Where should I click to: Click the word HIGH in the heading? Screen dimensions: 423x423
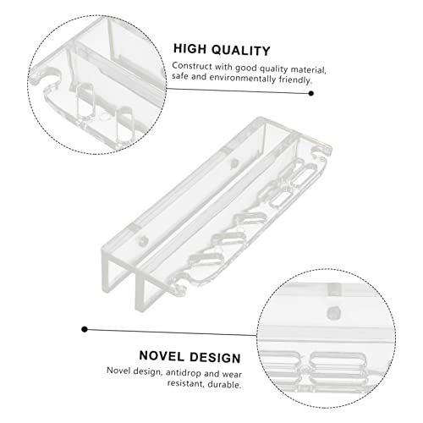click(x=190, y=49)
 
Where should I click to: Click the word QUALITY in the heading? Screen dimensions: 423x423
click(x=241, y=51)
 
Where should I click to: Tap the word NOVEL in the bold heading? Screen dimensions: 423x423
click(x=162, y=356)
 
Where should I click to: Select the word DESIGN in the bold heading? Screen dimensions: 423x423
click(x=215, y=358)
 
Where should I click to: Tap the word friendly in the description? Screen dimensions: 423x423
click(x=295, y=80)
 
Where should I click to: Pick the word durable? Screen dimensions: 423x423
click(x=224, y=384)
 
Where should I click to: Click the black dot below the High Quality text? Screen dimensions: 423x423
click(x=311, y=93)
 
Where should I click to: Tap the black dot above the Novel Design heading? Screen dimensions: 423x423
click(x=85, y=329)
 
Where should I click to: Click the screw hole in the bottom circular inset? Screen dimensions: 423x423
click(x=334, y=312)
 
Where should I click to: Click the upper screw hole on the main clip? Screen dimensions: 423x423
click(x=233, y=163)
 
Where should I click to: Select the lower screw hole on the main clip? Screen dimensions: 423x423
click(x=144, y=241)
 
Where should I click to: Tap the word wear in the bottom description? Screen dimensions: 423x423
click(x=232, y=374)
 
